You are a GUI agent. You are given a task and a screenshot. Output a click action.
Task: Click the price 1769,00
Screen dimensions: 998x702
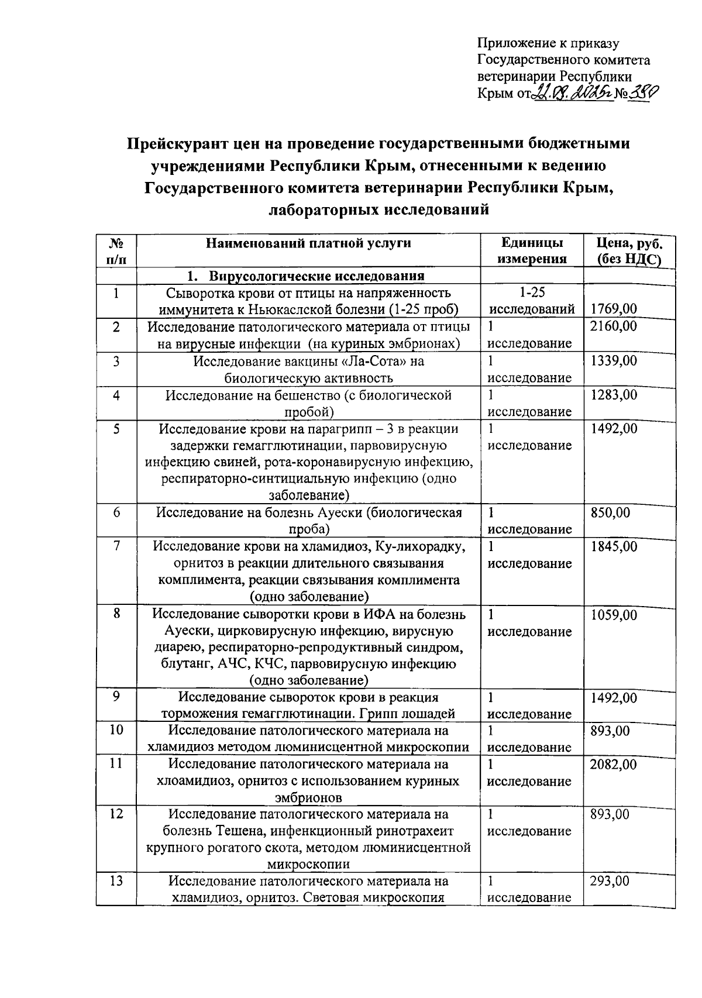pos(614,309)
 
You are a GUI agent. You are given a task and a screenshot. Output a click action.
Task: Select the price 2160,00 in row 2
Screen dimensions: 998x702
pos(613,326)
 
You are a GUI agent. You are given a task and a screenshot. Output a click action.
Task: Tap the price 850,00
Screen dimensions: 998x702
pos(610,513)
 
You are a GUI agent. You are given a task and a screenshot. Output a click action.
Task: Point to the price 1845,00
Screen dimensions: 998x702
pos(613,546)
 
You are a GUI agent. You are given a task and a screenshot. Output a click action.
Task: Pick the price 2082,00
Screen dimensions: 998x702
pos(613,764)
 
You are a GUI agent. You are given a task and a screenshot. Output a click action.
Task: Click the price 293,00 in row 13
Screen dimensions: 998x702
pos(610,880)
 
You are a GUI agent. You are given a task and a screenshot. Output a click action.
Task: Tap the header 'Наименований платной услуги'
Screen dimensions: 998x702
pos(308,244)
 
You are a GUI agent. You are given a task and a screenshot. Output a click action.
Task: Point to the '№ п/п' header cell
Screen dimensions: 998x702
pos(116,252)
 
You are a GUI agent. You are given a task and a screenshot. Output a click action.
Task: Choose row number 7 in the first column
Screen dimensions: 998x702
pos(116,546)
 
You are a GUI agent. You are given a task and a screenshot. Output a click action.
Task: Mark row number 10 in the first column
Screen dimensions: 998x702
pos(116,731)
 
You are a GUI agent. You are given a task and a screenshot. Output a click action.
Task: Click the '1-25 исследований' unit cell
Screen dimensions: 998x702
pos(532,301)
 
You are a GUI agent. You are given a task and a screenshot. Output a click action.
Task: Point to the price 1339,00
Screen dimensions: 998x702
pos(613,361)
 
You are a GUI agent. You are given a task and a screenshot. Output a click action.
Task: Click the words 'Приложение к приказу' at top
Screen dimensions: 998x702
pos(548,43)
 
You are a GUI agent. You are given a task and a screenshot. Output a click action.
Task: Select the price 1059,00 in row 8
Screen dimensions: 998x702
pos(613,615)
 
